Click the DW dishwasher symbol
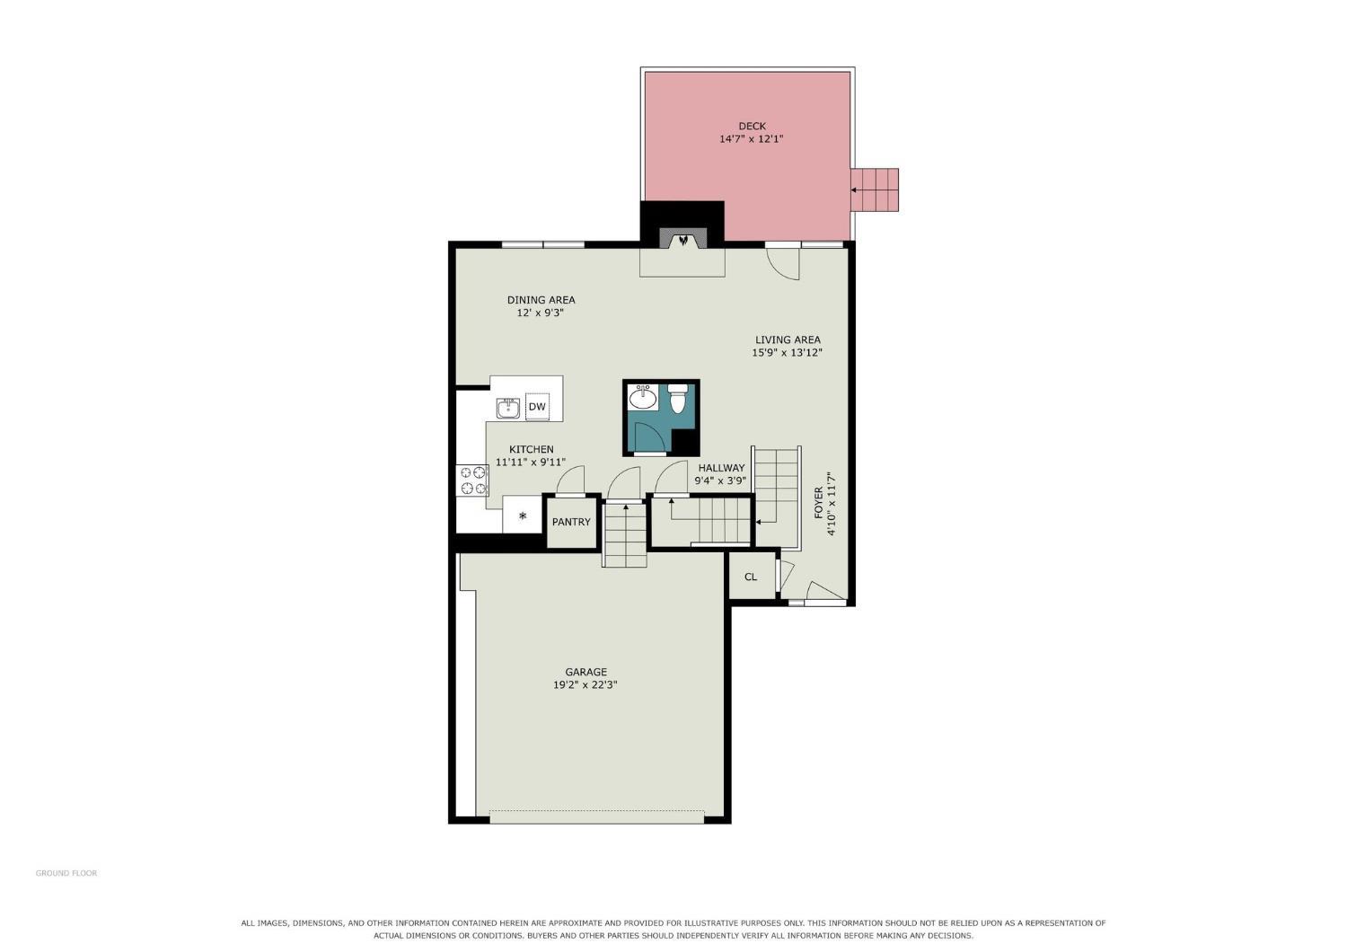(x=536, y=407)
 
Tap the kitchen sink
(x=508, y=409)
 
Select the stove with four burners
(x=472, y=480)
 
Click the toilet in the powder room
(x=678, y=399)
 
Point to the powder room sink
(x=644, y=397)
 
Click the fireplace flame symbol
(x=683, y=241)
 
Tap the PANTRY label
(x=571, y=522)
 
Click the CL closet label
(x=751, y=577)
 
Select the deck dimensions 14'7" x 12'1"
(x=751, y=139)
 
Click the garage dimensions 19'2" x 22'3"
(x=585, y=685)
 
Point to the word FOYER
(x=818, y=503)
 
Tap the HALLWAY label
(x=721, y=468)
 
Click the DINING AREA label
(x=541, y=300)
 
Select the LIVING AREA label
(x=788, y=339)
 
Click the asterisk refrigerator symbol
(x=523, y=516)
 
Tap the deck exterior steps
(x=875, y=190)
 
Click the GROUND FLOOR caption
(x=66, y=873)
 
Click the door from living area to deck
(x=783, y=262)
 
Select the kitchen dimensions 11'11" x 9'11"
(x=531, y=463)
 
